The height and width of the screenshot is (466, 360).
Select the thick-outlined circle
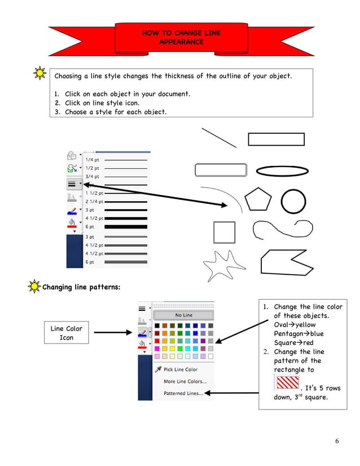pyautogui.click(x=293, y=201)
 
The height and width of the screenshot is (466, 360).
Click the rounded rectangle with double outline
pyautogui.click(x=221, y=170)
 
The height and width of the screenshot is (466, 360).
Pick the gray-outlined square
pyautogui.click(x=224, y=232)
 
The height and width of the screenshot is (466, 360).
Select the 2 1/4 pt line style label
pyautogui.click(x=94, y=201)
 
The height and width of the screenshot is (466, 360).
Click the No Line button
pyautogui.click(x=183, y=315)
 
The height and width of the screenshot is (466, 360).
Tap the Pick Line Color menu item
pyautogui.click(x=181, y=370)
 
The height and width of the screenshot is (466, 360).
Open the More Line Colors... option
pyautogui.click(x=185, y=381)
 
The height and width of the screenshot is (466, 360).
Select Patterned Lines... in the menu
pyautogui.click(x=183, y=393)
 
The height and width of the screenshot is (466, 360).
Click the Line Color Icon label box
pyautogui.click(x=67, y=333)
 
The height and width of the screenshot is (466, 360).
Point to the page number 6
pyautogui.click(x=337, y=441)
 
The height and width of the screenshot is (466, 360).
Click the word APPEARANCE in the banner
pyautogui.click(x=181, y=42)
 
